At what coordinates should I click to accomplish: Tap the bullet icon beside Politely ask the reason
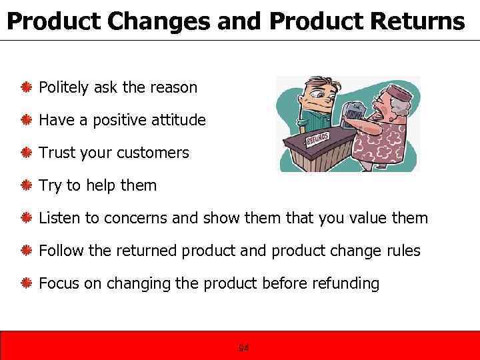pos(27,87)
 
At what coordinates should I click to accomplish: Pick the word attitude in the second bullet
pos(179,120)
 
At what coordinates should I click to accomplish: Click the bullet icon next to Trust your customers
pos(27,153)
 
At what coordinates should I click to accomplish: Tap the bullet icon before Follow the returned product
pos(27,251)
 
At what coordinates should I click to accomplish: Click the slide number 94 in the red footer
pos(243,348)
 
